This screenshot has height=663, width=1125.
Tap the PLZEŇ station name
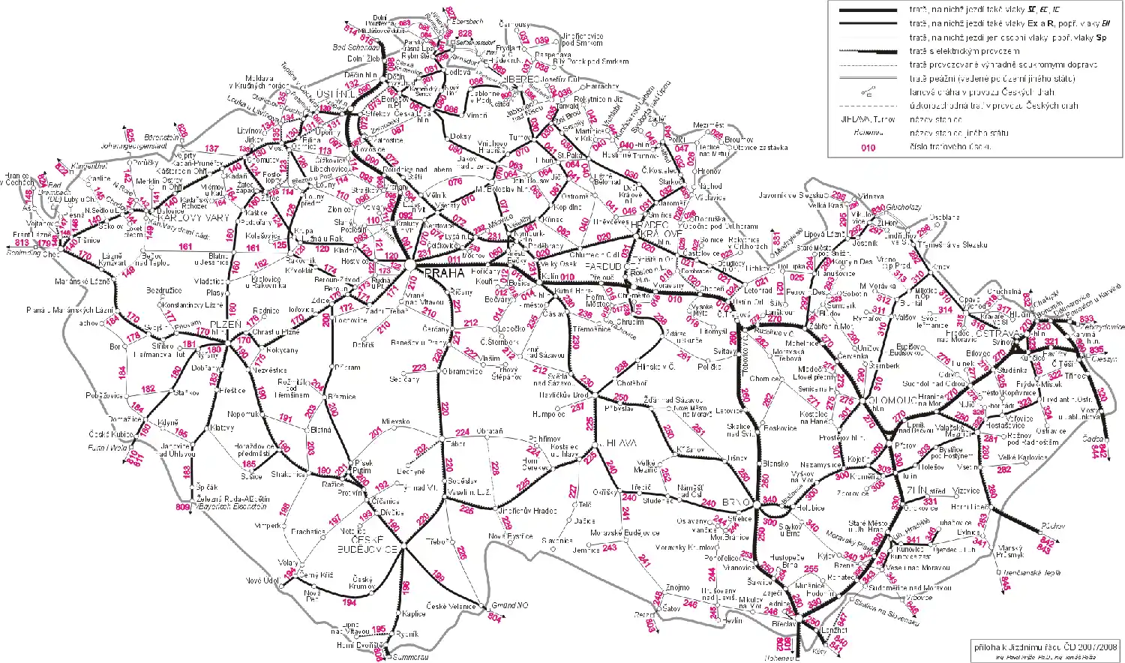tap(225, 325)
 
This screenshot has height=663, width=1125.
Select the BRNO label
tap(732, 502)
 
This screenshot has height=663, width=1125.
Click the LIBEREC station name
tap(518, 78)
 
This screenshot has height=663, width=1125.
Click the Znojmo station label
tap(677, 587)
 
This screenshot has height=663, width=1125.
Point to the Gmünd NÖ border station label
tap(510, 605)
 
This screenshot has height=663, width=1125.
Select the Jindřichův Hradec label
tap(527, 511)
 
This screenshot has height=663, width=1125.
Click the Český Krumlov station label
tap(362, 583)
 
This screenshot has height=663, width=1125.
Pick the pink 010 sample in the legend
tap(868, 147)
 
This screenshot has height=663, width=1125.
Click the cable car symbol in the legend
tap(868, 92)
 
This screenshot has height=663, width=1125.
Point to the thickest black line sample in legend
tap(868, 10)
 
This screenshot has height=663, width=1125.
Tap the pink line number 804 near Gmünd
tap(494, 617)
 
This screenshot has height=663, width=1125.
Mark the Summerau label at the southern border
tap(409, 657)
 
